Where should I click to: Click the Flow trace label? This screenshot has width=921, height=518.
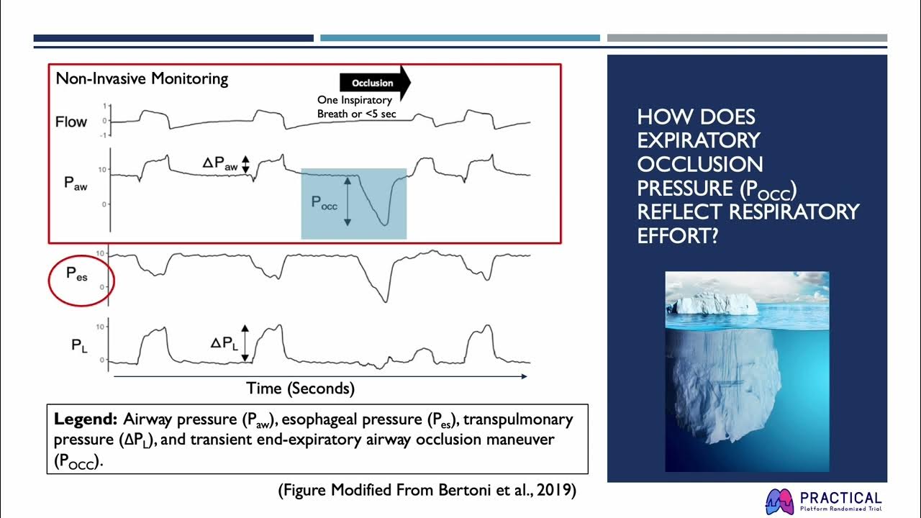click(x=71, y=122)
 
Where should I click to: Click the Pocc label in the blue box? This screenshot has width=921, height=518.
click(x=324, y=202)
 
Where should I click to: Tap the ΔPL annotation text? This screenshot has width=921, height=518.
click(x=224, y=343)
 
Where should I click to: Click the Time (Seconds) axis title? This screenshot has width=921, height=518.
click(x=300, y=388)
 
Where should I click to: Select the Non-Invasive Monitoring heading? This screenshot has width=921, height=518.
click(x=142, y=79)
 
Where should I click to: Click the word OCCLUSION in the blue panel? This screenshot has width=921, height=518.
click(x=700, y=164)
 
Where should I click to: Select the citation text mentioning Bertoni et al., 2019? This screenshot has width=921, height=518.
click(x=427, y=491)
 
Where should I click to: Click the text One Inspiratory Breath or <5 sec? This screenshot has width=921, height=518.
click(x=355, y=107)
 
